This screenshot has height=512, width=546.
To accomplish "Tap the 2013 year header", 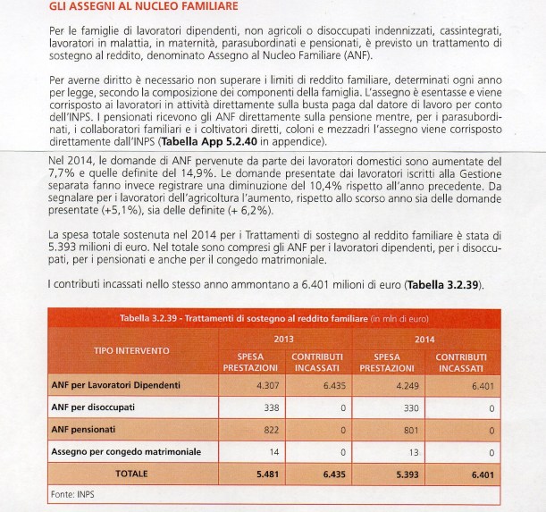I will pyautogui.click(x=283, y=340).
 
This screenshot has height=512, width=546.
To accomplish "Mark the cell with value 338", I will pyautogui.click(x=271, y=407).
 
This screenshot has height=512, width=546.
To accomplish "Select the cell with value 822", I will pyautogui.click(x=271, y=430).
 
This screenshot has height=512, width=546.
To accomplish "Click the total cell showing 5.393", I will pyautogui.click(x=407, y=474).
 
